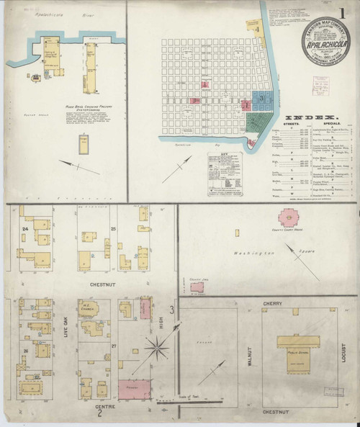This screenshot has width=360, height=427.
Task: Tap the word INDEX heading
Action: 313,117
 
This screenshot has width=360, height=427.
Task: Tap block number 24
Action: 24,229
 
